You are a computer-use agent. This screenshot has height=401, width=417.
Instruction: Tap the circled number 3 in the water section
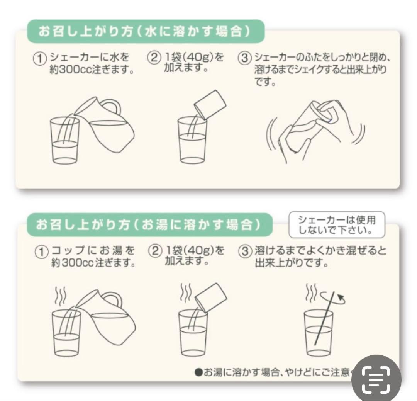click(244, 59)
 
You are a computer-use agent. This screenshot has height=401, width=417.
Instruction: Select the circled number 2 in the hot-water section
click(154, 251)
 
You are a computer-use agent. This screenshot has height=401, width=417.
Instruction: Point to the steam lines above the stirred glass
click(310, 294)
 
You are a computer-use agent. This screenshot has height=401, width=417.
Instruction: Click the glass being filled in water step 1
click(64, 141)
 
